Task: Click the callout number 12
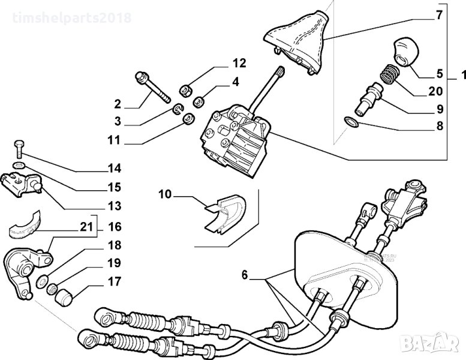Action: (239, 63)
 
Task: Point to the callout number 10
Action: (165, 194)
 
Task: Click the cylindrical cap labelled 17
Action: (63, 296)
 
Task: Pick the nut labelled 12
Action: (186, 90)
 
